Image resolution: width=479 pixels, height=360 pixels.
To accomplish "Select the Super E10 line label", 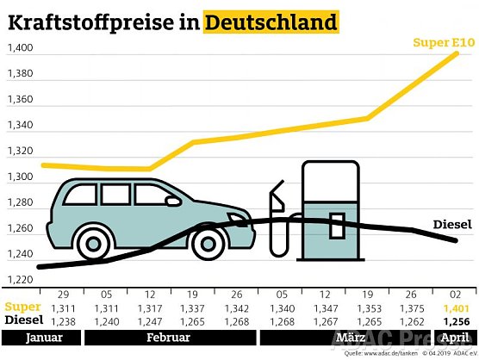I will click(x=443, y=43).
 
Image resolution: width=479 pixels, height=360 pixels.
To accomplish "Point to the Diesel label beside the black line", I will click(x=451, y=225).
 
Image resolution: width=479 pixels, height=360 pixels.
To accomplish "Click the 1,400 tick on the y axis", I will click(x=20, y=48).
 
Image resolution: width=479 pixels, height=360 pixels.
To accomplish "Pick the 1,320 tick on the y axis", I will click(x=20, y=152).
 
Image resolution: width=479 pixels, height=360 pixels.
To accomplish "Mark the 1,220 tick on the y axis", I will click(x=20, y=280).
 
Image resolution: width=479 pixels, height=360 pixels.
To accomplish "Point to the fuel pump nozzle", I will click(x=277, y=198).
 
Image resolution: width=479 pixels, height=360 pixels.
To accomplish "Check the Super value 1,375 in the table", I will click(x=407, y=307).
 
